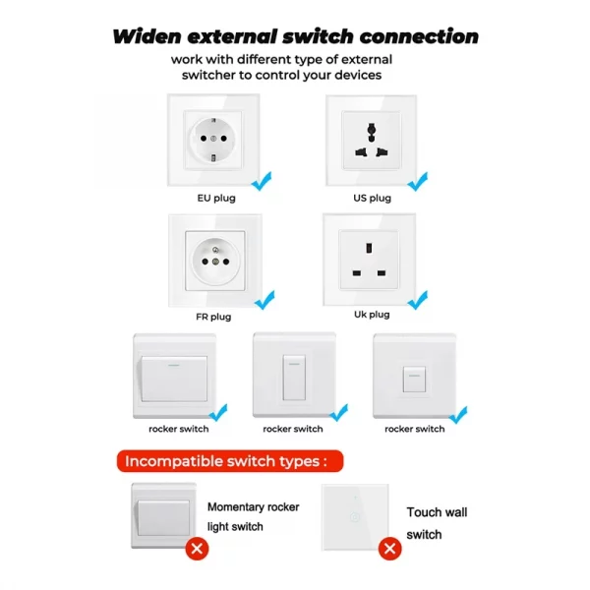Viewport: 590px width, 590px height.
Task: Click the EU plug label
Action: tap(216, 199)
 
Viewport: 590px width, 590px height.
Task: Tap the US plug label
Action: tap(372, 199)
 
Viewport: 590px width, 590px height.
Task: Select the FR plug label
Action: tap(213, 317)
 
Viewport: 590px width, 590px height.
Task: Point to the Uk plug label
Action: tap(372, 315)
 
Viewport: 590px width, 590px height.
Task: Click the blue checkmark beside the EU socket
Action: tap(262, 181)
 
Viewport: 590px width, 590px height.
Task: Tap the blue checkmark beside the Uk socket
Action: tap(418, 300)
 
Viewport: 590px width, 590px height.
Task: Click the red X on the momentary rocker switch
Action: tap(197, 549)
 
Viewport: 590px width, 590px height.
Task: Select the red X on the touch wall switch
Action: tap(389, 549)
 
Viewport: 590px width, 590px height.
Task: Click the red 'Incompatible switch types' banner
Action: tap(230, 461)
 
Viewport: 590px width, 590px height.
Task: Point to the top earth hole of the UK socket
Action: tap(369, 248)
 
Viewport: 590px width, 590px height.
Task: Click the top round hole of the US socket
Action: tap(372, 130)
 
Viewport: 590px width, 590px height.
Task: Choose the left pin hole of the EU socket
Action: tap(204, 139)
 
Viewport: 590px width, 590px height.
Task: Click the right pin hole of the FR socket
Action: tap(226, 262)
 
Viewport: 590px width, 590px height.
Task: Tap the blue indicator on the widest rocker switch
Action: tap(173, 365)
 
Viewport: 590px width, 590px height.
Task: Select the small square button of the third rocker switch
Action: tap(414, 380)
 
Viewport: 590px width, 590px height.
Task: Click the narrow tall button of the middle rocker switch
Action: tap(294, 378)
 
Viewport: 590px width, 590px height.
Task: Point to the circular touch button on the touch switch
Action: tap(355, 517)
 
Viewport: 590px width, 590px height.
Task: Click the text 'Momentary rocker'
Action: tap(254, 507)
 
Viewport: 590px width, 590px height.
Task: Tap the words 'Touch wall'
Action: tap(437, 512)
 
